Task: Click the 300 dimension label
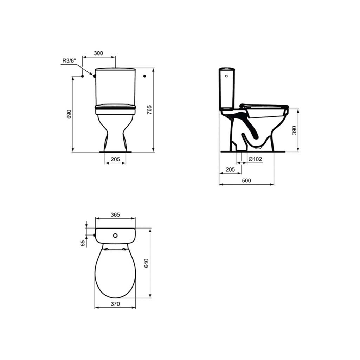pyautogui.click(x=98, y=53)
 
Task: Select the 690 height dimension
pyautogui.click(x=69, y=114)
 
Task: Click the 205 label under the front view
pyautogui.click(x=115, y=159)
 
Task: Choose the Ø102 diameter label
pyautogui.click(x=255, y=159)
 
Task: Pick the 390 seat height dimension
pyautogui.click(x=294, y=130)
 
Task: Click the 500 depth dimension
pyautogui.click(x=246, y=181)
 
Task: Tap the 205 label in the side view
pyautogui.click(x=230, y=169)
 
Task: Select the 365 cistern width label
pyautogui.click(x=115, y=215)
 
